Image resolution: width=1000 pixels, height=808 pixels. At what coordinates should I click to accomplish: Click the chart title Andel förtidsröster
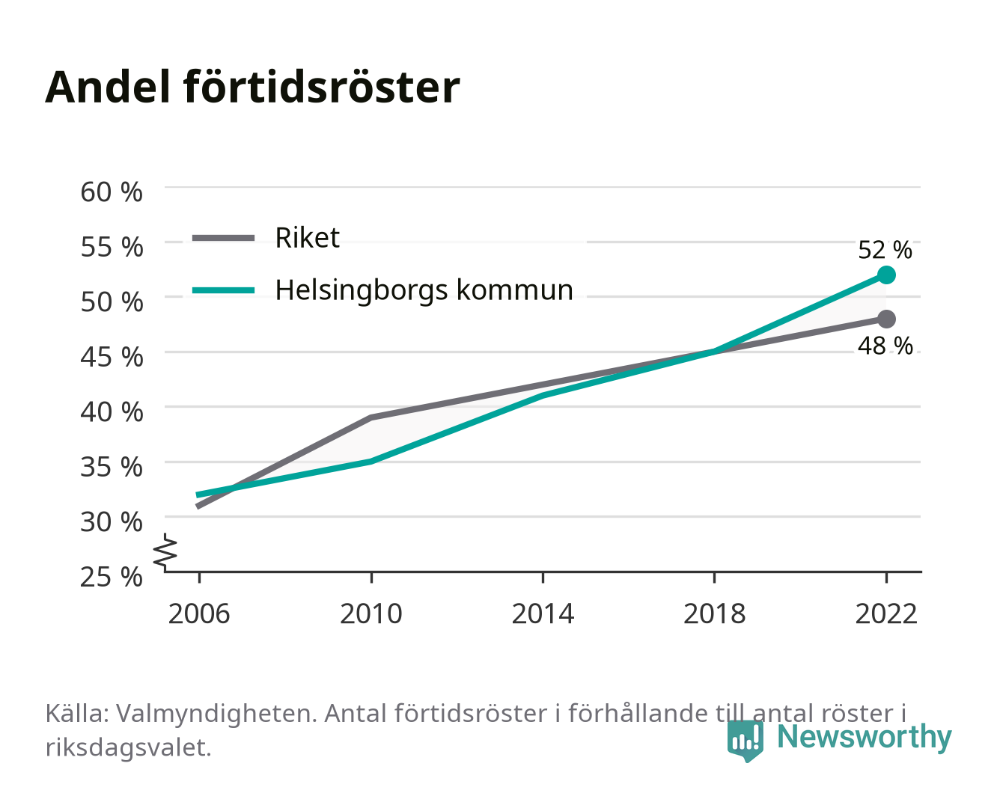pos(252,88)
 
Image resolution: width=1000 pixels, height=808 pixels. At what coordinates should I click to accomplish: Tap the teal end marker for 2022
pos(886,275)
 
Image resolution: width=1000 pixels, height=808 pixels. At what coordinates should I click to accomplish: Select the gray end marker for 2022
pos(886,319)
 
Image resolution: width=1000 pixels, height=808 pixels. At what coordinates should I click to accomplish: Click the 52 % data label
pos(885,250)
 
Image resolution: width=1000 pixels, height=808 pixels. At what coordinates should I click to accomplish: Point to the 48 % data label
pos(885,346)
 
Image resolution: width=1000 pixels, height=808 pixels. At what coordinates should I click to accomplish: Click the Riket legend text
pos(307,237)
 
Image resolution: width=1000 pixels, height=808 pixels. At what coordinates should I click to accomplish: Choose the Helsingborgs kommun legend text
pos(424,290)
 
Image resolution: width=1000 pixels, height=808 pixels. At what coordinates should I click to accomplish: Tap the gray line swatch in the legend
pos(224,238)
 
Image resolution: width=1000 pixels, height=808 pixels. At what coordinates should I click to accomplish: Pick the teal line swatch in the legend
pos(224,290)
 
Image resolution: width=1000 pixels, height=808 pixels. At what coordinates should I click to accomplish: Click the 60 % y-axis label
pos(112,192)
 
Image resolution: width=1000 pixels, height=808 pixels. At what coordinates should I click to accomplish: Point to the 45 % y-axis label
pos(112,357)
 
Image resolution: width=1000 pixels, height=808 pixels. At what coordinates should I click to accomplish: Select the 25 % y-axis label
pos(112,577)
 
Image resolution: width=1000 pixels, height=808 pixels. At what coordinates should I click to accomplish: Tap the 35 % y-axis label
pos(112,467)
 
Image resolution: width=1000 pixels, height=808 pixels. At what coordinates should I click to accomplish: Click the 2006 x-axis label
pos(199,613)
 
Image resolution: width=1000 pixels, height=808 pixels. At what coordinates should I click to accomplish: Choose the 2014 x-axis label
pos(543,613)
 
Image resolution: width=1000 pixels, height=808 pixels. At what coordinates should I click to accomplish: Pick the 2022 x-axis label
pos(886,613)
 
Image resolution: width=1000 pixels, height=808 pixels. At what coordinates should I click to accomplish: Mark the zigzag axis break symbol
pos(165,552)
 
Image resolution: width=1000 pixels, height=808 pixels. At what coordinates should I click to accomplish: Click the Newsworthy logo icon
pos(745,741)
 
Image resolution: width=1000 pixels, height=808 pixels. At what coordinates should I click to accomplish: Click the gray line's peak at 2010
pos(371,417)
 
